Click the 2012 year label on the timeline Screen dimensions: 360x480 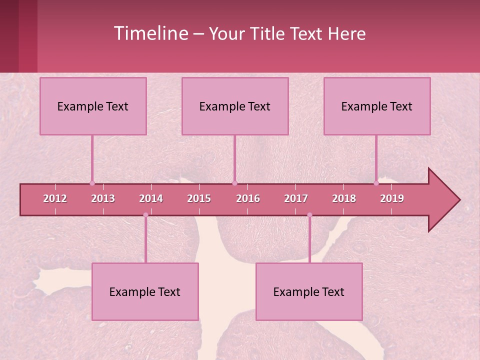pos(55,198)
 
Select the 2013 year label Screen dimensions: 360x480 pos(103,198)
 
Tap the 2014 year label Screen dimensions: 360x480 pos(151,198)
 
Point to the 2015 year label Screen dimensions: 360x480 pos(199,198)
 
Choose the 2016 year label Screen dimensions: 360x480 pos(248,198)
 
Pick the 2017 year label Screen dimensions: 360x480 pos(296,198)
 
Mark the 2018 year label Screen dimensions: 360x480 pos(344,198)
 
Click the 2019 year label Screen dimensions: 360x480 pos(392,198)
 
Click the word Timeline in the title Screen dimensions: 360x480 pos(150,33)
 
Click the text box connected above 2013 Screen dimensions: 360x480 pos(93,106)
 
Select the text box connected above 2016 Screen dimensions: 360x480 pos(235,106)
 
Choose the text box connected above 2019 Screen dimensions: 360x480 pos(377,106)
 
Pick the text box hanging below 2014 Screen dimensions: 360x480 pos(145,291)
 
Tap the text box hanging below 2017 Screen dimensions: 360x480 pos(309,291)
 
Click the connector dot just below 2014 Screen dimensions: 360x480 pos(145,215)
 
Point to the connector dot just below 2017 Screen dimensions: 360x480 pos(309,215)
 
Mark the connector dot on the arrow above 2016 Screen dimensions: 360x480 pos(234,183)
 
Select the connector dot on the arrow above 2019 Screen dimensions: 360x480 pos(376,183)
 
